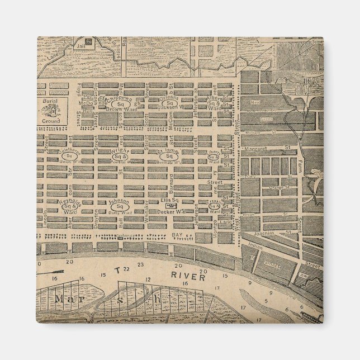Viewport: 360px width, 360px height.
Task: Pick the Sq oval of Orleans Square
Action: (x=168, y=104)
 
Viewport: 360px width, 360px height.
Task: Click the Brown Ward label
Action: (x=119, y=111)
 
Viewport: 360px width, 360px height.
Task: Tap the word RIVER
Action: (x=182, y=276)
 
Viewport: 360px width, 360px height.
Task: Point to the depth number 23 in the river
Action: (x=141, y=265)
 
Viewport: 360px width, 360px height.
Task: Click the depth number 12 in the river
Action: (x=148, y=279)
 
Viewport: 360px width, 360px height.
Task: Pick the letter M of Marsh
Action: (x=59, y=299)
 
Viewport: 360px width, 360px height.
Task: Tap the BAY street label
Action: (x=178, y=235)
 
